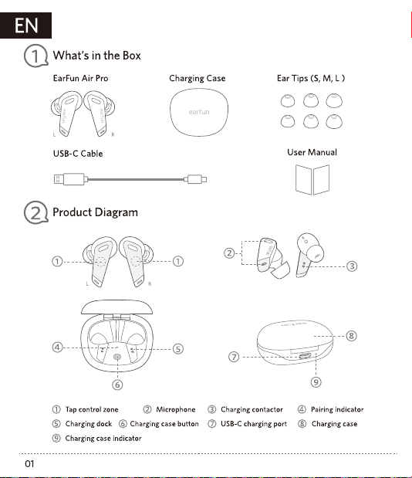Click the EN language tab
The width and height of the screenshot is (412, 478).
click(x=25, y=25)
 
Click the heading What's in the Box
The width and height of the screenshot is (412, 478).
click(x=97, y=56)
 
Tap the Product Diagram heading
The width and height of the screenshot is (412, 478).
click(x=96, y=212)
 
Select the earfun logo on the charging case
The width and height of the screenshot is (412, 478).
click(x=199, y=112)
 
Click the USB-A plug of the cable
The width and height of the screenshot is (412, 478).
click(x=70, y=179)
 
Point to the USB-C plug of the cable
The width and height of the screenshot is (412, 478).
click(x=197, y=179)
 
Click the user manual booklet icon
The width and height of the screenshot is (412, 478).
click(x=312, y=180)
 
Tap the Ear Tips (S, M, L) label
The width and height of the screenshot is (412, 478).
click(x=311, y=78)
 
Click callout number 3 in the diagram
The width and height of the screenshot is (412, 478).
click(x=352, y=266)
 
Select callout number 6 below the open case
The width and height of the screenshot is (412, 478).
click(x=117, y=385)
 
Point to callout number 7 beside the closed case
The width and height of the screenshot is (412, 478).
click(x=234, y=357)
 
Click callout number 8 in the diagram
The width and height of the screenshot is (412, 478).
click(x=351, y=336)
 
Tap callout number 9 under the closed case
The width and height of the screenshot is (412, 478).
click(x=316, y=381)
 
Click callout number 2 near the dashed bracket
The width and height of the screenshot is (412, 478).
click(x=229, y=253)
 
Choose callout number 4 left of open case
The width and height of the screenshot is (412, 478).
click(x=57, y=347)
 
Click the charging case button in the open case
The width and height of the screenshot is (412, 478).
click(x=117, y=357)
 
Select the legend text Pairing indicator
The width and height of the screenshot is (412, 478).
click(x=337, y=409)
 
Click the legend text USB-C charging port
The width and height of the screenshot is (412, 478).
click(x=254, y=424)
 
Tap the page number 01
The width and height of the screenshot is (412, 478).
click(x=29, y=463)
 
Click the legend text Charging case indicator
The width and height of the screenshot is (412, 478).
click(x=103, y=439)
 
